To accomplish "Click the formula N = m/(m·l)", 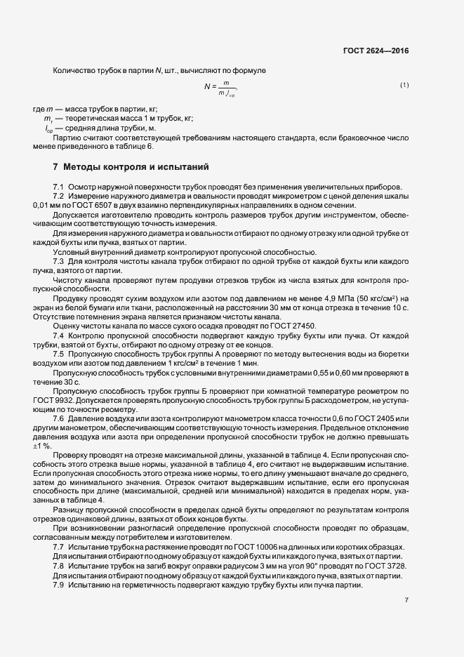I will coord(220,88).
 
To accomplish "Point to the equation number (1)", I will coord(404,86).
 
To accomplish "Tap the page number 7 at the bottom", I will coord(406,599).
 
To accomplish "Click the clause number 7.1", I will coord(59,186).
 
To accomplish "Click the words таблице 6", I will coord(136,147).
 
